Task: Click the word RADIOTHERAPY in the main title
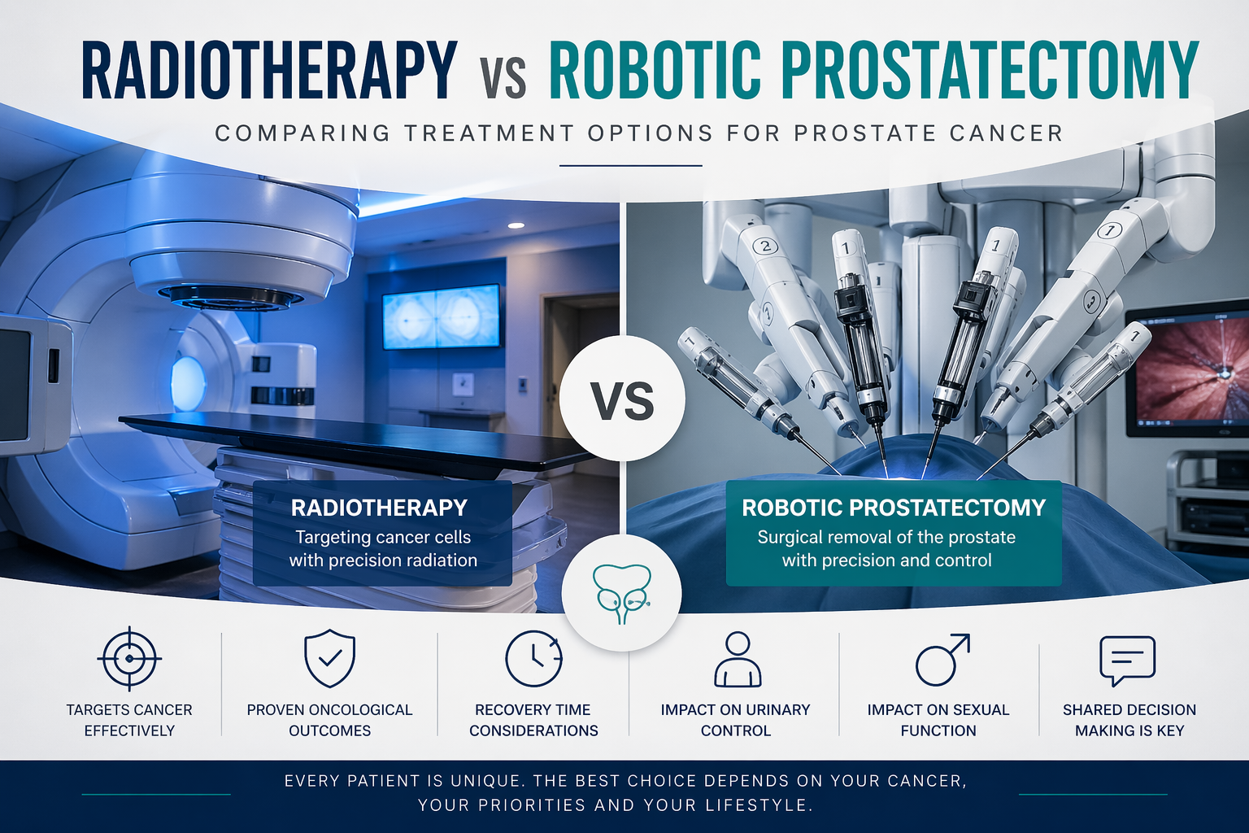[268, 71]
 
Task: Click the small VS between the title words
[503, 81]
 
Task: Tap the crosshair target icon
[128, 658]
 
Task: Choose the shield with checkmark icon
[329, 658]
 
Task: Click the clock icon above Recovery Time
[533, 658]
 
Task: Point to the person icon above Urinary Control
[737, 660]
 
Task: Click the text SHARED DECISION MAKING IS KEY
[1129, 720]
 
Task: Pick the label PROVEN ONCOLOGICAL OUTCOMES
[329, 720]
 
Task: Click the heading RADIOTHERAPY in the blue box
[379, 508]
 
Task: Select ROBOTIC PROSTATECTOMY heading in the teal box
[894, 508]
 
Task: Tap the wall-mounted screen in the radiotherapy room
[442, 316]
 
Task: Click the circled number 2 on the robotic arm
[765, 245]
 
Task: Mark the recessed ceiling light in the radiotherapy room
[515, 225]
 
